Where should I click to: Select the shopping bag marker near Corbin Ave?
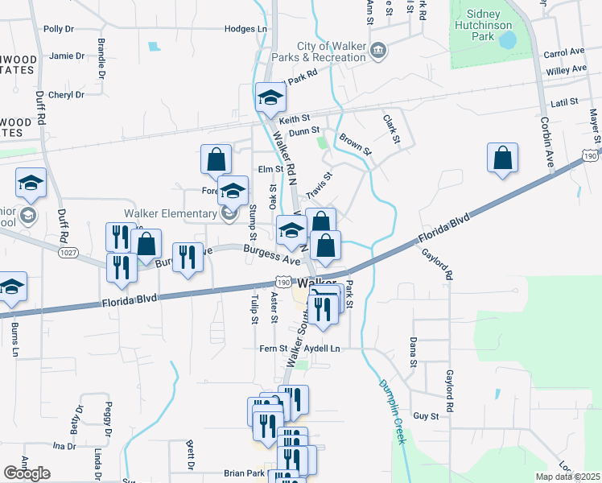coord(502,159)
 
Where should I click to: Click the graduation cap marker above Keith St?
coord(271,98)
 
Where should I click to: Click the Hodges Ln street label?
coord(245,29)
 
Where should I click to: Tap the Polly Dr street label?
coord(59,29)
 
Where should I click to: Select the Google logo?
coord(27,473)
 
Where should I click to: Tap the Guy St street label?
coord(425,416)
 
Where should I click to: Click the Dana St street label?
coord(412,352)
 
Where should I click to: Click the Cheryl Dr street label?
coord(66,95)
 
